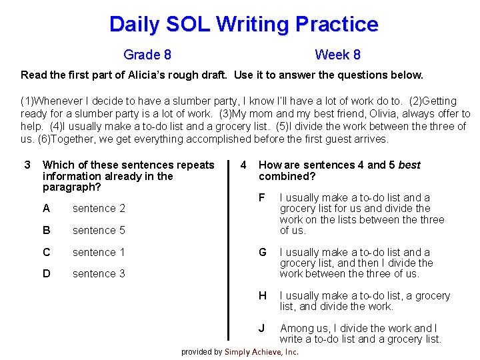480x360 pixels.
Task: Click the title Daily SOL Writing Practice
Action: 243,25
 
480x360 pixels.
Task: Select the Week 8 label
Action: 337,55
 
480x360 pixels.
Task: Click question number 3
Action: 27,165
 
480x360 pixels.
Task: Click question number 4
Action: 244,165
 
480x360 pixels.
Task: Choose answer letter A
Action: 46,208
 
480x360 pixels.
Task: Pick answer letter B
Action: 46,230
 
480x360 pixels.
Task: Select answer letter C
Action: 46,252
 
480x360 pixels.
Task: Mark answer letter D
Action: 46,273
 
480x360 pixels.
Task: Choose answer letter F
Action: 262,197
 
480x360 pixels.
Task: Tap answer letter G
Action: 263,252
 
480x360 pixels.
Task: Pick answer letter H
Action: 263,295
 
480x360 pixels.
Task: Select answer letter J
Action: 262,328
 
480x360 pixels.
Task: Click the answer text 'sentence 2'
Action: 99,208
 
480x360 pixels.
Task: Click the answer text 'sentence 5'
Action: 99,230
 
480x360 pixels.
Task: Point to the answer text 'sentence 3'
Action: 99,273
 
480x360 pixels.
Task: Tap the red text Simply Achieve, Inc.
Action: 261,352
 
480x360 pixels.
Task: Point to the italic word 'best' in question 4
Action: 409,165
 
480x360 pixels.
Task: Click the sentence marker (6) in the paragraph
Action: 28,139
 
